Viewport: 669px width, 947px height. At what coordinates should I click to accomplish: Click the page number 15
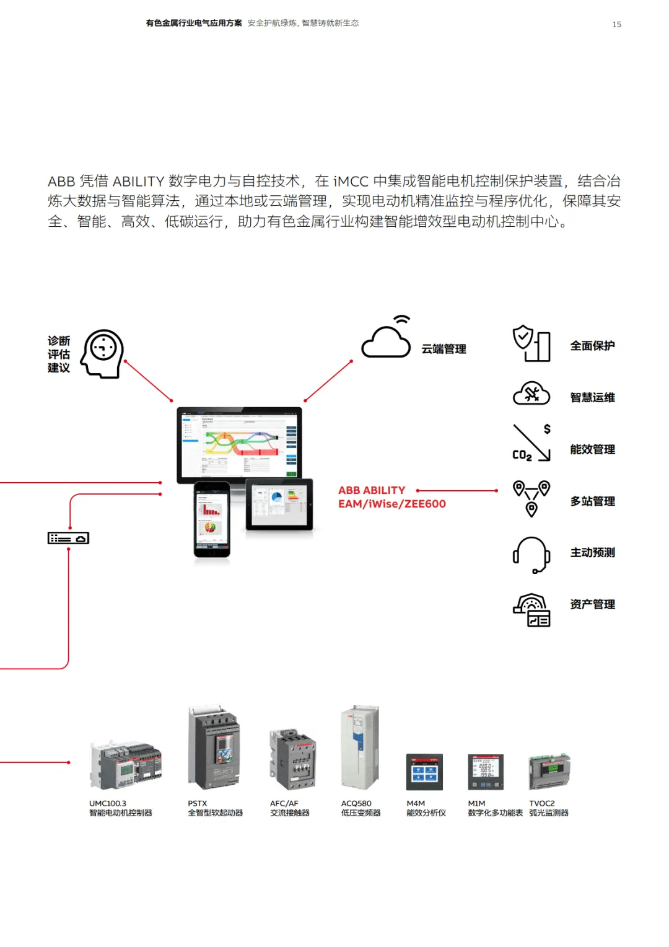[x=616, y=24]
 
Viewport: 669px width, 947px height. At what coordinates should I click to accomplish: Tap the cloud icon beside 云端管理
[x=387, y=340]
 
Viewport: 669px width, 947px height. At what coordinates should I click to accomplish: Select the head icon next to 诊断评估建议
[x=103, y=353]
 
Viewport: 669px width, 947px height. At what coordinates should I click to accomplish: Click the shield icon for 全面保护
[x=531, y=343]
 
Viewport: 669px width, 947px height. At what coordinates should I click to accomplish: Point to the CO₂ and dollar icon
[x=531, y=443]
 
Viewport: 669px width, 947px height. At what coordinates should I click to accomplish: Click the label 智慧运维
[x=592, y=397]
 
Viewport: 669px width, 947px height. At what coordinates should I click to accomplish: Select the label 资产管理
[x=592, y=604]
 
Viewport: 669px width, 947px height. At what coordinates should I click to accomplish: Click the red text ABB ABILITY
[x=372, y=490]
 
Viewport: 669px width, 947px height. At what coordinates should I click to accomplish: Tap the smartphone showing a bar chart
[x=211, y=519]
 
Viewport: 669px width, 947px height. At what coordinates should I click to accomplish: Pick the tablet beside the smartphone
[x=279, y=504]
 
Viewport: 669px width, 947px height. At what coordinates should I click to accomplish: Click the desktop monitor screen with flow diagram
[x=240, y=444]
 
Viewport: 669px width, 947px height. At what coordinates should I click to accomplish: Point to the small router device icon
[x=68, y=538]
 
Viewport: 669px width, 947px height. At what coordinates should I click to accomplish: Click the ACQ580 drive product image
[x=359, y=747]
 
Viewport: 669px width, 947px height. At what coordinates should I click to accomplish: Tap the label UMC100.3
[x=108, y=803]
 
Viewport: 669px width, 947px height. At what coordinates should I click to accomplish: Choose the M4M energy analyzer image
[x=424, y=772]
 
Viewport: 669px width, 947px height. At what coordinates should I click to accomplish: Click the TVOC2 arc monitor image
[x=549, y=771]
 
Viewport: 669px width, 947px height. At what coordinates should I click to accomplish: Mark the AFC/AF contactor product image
[x=292, y=759]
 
